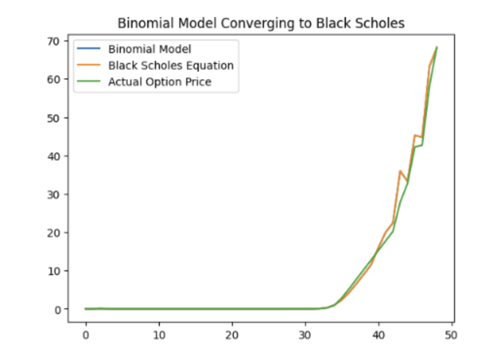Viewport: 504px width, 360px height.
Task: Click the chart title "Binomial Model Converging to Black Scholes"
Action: (261, 23)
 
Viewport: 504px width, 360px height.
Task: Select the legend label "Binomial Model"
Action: (149, 49)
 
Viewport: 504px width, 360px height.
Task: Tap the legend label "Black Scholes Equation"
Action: (171, 66)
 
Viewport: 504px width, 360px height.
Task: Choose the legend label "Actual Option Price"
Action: (160, 82)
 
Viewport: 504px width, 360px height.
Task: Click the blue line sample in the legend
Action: (89, 49)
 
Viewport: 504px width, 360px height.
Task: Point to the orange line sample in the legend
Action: (89, 65)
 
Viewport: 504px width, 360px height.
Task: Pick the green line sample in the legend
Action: (89, 81)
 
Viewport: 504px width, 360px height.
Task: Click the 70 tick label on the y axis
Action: (54, 41)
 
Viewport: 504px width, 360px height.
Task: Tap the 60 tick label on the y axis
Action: (54, 80)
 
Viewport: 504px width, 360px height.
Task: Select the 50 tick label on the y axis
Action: (54, 118)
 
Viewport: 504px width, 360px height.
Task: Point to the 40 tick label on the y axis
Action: (54, 156)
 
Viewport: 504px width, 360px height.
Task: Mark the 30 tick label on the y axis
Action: (54, 194)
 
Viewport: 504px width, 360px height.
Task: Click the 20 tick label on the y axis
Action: (54, 233)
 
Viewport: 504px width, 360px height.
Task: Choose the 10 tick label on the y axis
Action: (54, 271)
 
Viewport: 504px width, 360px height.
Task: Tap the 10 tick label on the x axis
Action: (159, 335)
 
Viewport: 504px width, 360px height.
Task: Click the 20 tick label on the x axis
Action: (232, 335)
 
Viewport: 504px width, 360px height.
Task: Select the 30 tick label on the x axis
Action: (305, 335)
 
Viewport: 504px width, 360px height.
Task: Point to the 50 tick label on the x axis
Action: (451, 335)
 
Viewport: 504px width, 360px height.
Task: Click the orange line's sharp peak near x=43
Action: (400, 171)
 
